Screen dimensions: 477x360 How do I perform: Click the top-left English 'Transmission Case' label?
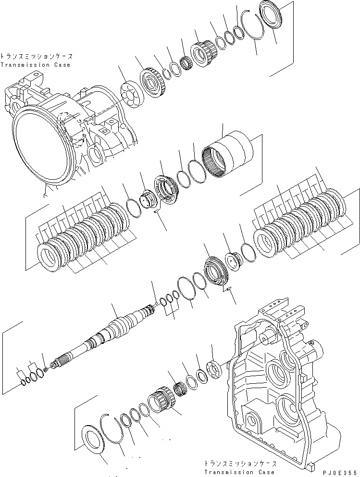click(x=35, y=65)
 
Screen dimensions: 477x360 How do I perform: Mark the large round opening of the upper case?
click(x=43, y=148)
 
